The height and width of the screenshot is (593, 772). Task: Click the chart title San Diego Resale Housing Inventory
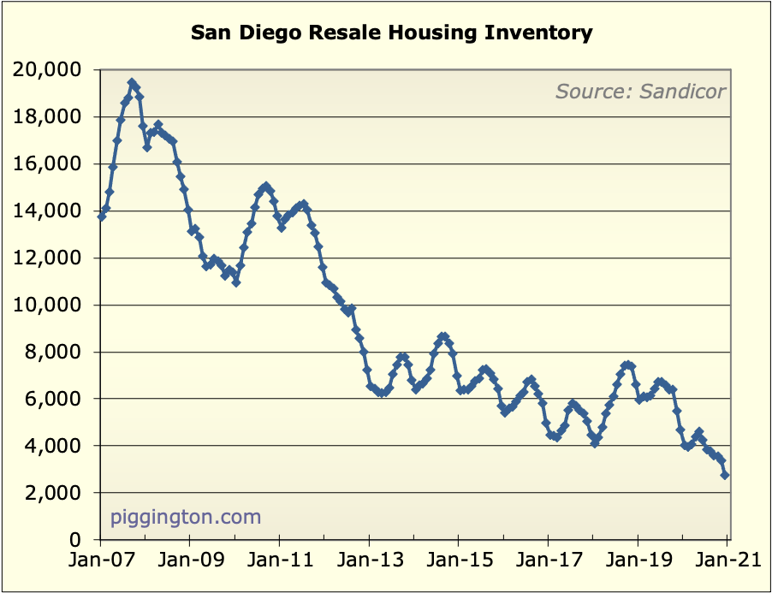pyautogui.click(x=391, y=33)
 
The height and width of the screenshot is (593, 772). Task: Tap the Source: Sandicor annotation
pyautogui.click(x=640, y=91)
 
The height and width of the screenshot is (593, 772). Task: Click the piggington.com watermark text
pyautogui.click(x=186, y=517)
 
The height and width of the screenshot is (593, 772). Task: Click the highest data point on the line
pyautogui.click(x=132, y=83)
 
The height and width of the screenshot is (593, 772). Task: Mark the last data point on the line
pyautogui.click(x=725, y=475)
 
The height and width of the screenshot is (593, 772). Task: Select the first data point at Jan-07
pyautogui.click(x=102, y=216)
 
